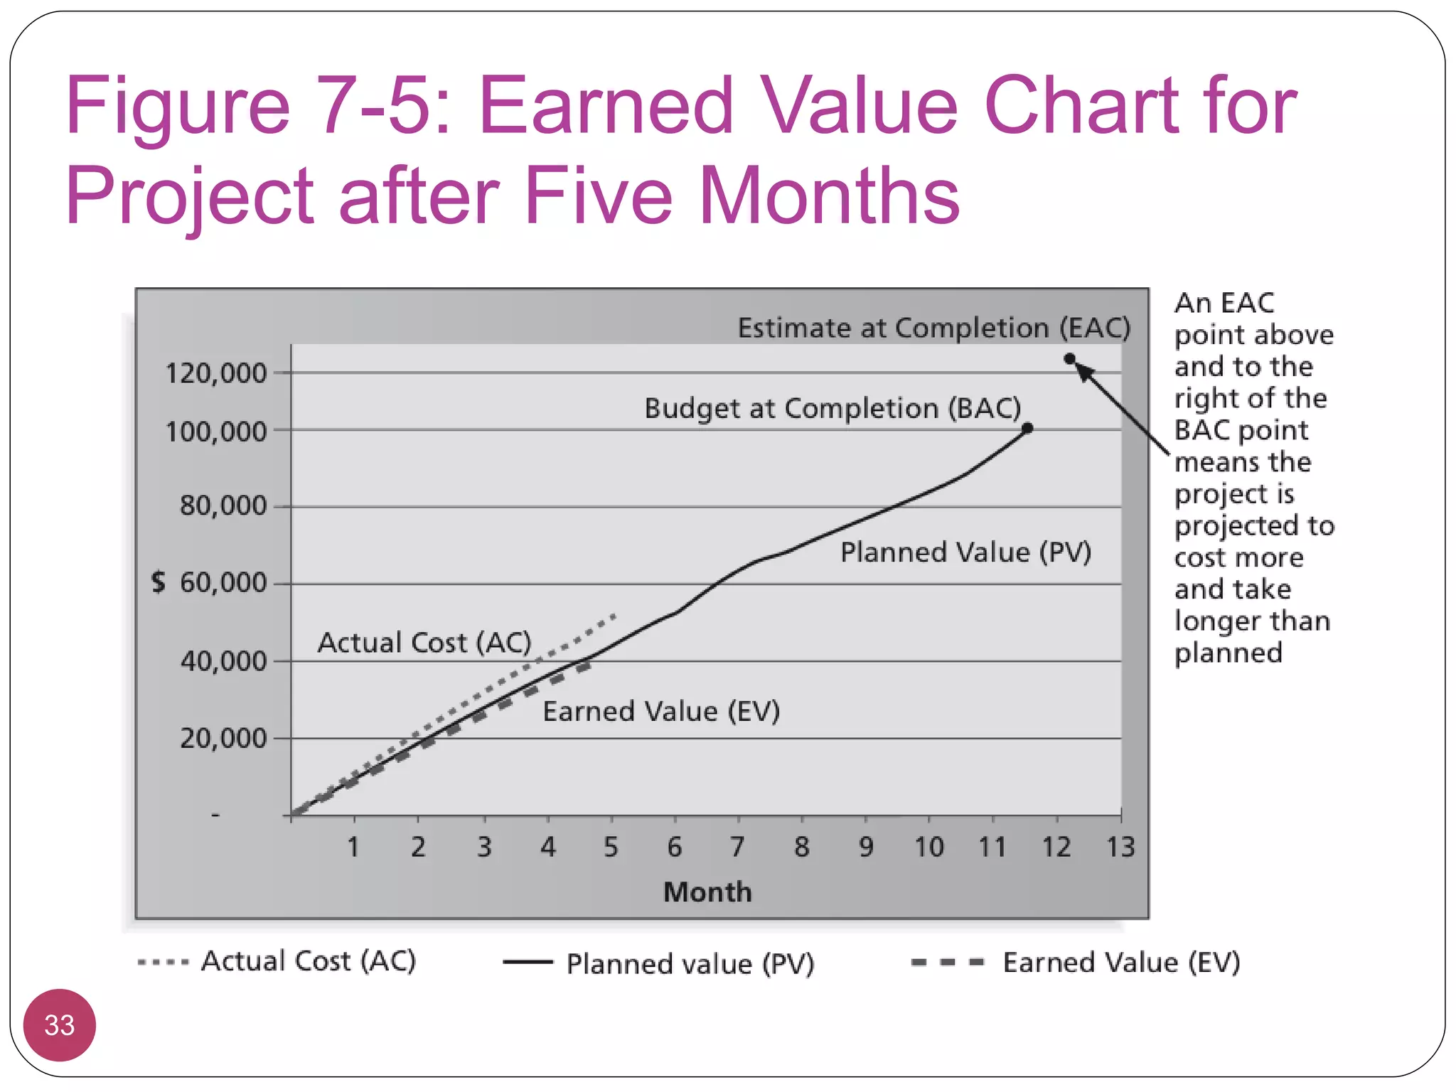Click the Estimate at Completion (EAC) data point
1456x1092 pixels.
coord(1069,359)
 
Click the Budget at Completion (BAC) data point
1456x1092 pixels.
coord(1027,428)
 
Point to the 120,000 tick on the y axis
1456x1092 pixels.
coord(215,373)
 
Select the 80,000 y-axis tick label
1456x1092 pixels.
coord(223,506)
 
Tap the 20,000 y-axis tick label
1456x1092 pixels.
coord(223,739)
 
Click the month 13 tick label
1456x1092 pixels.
coord(1120,847)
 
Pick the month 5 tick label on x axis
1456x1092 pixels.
coord(611,847)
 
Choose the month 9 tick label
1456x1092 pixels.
coord(865,847)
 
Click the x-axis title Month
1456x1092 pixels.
coord(707,892)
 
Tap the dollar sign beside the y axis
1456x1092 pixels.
coord(159,582)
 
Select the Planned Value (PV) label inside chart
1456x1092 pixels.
coord(965,552)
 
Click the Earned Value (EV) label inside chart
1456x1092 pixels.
coord(661,712)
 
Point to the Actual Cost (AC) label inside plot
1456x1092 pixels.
coord(424,643)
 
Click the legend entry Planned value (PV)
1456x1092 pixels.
coord(690,964)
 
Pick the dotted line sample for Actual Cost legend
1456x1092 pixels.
coord(164,963)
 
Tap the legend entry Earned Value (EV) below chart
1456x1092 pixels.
coord(1121,963)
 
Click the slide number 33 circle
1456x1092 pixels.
coord(60,1025)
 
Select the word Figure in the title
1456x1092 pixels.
coord(178,107)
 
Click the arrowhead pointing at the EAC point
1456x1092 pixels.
coord(1083,371)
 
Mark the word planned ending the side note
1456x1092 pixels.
coord(1228,653)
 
